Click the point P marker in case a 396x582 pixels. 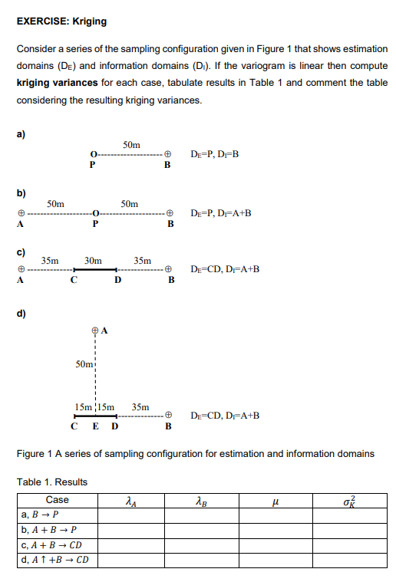[92, 155]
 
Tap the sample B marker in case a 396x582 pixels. [167, 155]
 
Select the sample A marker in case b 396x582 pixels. [23, 214]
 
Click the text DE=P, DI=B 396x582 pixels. [215, 155]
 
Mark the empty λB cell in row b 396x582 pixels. [200, 529]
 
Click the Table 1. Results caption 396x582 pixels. [52, 482]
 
